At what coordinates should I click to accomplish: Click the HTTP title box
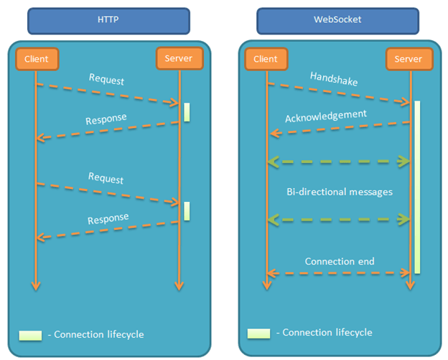108,21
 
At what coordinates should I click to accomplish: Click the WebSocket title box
337,21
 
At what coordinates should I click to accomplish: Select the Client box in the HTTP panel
37,59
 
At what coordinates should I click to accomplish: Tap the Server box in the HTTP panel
179,58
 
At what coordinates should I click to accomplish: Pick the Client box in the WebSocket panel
266,59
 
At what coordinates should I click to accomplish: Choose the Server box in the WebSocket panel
409,59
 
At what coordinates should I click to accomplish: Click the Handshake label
334,78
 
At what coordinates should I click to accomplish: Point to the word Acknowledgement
326,116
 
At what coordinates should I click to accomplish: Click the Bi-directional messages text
340,192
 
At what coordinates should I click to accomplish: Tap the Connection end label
340,261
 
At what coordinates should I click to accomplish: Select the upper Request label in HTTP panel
106,79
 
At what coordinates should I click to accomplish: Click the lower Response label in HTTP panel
108,218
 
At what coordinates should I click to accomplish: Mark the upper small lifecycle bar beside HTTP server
187,112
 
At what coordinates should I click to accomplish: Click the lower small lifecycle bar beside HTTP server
187,211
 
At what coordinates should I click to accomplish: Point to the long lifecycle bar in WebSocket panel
417,187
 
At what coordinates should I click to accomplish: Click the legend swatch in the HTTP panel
30,336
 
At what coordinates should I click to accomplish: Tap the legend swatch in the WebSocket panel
258,333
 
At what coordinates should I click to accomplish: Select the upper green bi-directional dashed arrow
339,162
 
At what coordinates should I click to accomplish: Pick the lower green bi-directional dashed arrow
339,220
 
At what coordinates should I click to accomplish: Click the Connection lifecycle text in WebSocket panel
327,333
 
